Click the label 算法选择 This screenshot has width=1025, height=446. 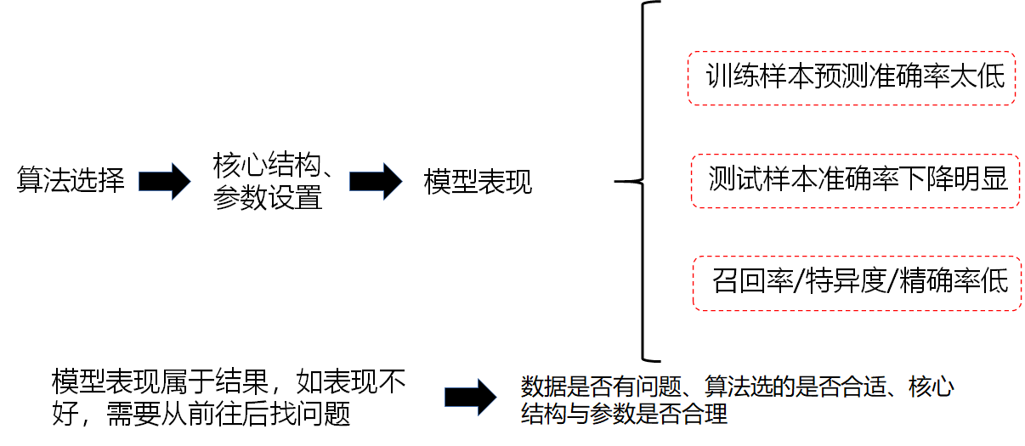71,181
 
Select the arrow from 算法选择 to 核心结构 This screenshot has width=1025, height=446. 165,180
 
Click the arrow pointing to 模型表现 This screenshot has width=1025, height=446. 376,180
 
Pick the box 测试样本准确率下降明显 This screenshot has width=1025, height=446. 853,180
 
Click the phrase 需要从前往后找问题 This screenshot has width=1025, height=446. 228,415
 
